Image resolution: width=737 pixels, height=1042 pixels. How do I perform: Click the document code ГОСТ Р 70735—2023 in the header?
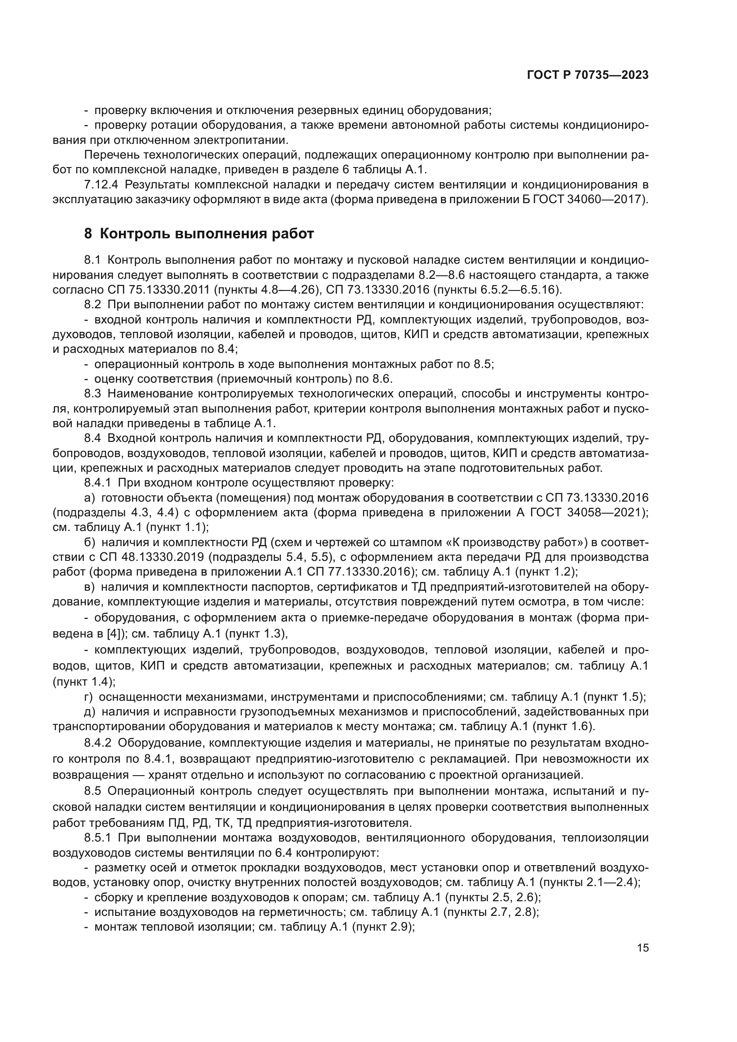pos(588,75)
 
